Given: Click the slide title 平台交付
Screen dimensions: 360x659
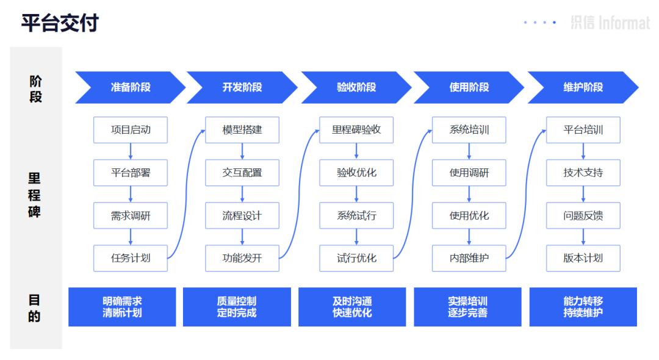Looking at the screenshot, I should [60, 23].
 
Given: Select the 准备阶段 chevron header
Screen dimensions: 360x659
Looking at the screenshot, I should [130, 87].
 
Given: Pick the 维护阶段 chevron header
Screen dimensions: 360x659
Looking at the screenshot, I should [583, 87].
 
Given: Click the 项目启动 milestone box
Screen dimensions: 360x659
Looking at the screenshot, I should [130, 130].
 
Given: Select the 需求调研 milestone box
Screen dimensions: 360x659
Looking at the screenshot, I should [130, 215].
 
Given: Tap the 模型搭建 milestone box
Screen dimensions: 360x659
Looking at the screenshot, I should [242, 130].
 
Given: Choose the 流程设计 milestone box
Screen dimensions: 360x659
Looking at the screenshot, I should [242, 215].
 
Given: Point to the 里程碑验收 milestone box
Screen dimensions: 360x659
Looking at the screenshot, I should [356, 130].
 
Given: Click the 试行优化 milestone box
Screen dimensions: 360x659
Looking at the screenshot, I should [356, 258].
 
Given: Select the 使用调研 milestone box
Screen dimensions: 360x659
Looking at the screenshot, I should [469, 173].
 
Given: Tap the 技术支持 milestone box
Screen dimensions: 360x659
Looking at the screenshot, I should [583, 173].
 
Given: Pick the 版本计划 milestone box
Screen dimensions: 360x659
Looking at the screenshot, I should [583, 258].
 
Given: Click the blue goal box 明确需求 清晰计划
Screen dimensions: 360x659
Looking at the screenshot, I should [122, 307].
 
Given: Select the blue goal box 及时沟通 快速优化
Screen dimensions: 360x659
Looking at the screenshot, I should [352, 307].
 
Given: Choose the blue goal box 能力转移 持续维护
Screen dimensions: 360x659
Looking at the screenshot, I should [583, 307].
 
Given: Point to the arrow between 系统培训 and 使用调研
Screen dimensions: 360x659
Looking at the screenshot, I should [469, 151].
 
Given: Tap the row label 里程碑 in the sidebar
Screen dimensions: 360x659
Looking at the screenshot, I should [35, 195].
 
